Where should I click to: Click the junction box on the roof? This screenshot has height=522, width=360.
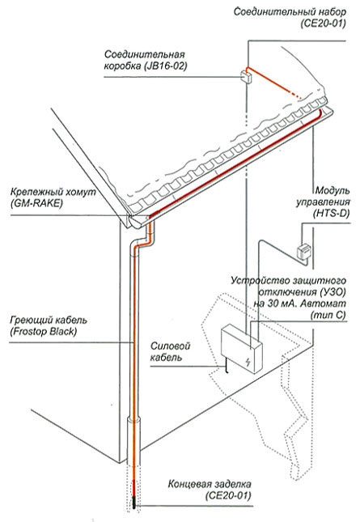click(x=246, y=76)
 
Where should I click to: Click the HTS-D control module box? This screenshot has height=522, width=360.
click(x=303, y=252)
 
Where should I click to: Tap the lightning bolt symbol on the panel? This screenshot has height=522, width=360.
click(x=248, y=361)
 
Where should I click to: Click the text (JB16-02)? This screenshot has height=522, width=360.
click(x=165, y=66)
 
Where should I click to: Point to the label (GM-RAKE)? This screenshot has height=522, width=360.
click(x=36, y=203)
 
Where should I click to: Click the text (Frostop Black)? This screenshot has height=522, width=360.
click(x=43, y=331)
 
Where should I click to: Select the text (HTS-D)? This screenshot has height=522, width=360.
click(x=331, y=214)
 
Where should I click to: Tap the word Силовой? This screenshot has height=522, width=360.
click(x=171, y=346)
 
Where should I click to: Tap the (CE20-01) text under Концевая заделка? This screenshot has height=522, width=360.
click(x=228, y=495)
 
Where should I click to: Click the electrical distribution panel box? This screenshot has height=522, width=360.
click(x=242, y=350)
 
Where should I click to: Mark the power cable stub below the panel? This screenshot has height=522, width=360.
click(x=226, y=366)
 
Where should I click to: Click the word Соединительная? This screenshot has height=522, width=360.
click(x=144, y=54)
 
